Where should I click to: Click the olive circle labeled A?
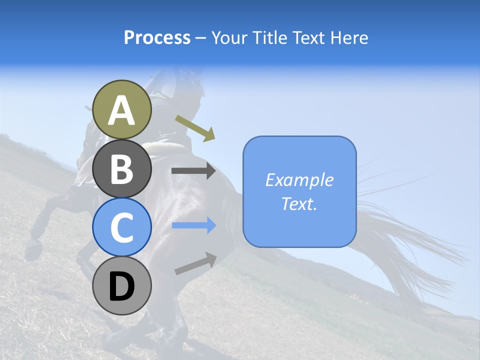[x=121, y=109]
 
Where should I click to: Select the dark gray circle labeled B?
[x=121, y=168]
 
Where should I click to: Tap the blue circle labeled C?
[x=121, y=227]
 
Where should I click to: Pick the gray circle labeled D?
[x=121, y=286]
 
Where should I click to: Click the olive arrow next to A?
[x=195, y=128]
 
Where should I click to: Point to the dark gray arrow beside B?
[x=193, y=171]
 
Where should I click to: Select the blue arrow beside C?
[x=193, y=225]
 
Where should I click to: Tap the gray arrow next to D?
[x=195, y=263]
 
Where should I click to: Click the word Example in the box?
[x=299, y=180]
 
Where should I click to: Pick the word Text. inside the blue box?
[x=299, y=203]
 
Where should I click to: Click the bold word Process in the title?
[x=157, y=37]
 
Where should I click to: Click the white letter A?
[x=121, y=110]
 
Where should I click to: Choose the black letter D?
[x=121, y=287]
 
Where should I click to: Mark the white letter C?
[x=121, y=228]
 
